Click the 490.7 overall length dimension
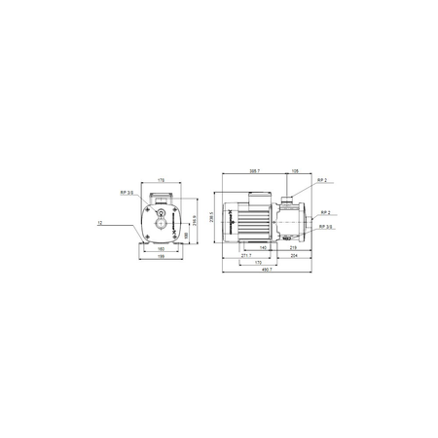(x=266, y=270)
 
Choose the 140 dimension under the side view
(x=262, y=248)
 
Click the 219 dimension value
(x=293, y=248)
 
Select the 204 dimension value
(x=296, y=255)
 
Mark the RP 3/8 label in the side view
(x=327, y=226)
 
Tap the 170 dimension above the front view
(x=162, y=180)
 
